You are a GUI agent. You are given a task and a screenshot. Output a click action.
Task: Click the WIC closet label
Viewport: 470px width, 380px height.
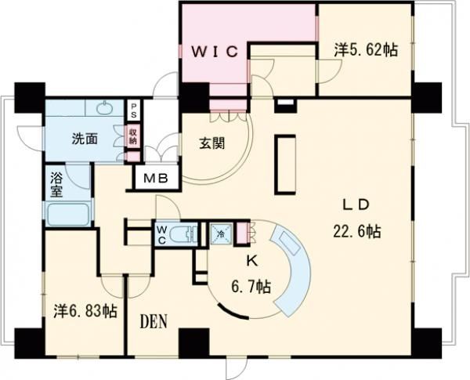click(215, 52)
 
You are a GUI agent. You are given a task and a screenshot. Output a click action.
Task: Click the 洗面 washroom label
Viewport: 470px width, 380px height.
click(85, 139)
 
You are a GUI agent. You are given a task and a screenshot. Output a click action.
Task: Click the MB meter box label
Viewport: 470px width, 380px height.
click(154, 178)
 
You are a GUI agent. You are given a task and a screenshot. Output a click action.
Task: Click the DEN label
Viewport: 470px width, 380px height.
click(157, 322)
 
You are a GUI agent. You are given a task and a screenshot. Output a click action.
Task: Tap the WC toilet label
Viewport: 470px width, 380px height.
click(161, 234)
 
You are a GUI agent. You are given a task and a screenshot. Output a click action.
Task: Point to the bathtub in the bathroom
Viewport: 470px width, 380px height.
click(69, 213)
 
